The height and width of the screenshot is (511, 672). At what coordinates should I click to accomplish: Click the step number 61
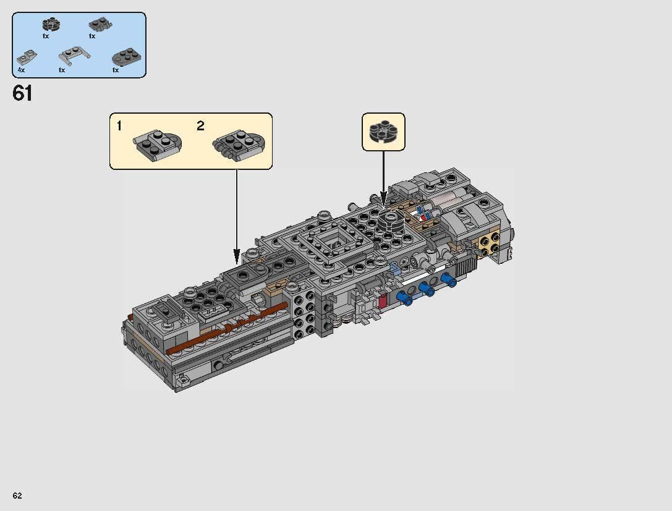22,94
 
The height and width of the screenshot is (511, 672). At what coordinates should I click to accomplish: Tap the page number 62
17,496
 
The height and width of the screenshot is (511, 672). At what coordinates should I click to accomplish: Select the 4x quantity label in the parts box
21,70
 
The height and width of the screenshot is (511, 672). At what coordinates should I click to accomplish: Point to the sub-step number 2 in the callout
200,126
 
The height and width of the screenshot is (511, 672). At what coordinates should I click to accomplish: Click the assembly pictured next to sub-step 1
157,143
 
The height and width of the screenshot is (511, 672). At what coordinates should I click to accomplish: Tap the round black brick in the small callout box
383,132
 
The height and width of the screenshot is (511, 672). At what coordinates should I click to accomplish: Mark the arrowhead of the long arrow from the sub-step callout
237,256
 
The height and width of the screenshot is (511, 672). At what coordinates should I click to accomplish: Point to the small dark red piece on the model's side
381,301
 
